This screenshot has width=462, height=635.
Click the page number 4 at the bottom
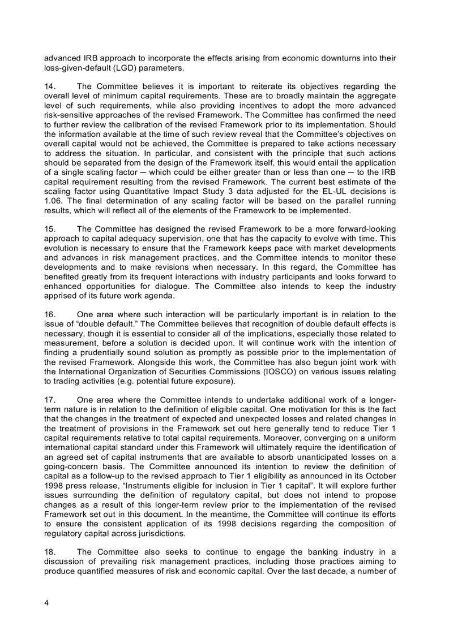(46, 603)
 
